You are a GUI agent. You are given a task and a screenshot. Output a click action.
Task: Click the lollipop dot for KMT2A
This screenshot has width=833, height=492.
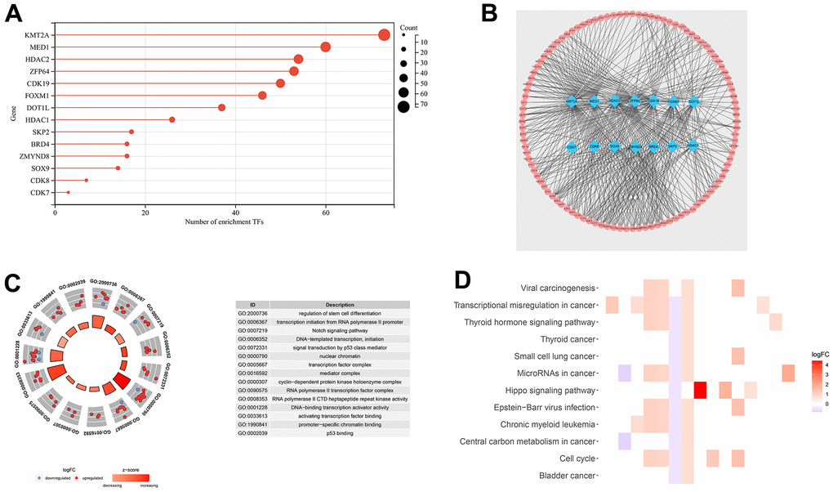384,35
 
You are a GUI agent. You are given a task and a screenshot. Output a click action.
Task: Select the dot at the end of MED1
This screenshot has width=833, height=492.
326,47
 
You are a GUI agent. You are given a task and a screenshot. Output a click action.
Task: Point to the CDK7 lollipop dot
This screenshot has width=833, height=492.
69,193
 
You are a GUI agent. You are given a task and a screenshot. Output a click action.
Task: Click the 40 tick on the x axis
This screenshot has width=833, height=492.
235,211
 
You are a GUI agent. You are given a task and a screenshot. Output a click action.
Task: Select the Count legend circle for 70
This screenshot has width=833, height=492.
403,106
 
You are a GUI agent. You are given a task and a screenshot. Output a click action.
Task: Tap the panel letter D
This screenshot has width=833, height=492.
462,280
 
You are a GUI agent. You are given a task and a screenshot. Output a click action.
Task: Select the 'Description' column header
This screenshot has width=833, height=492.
339,304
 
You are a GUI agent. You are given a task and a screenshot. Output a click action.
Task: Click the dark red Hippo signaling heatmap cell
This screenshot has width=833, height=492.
699,391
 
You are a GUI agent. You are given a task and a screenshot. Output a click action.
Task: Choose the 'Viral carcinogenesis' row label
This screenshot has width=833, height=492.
558,288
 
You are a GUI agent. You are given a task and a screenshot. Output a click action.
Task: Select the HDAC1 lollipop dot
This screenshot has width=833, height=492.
172,120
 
